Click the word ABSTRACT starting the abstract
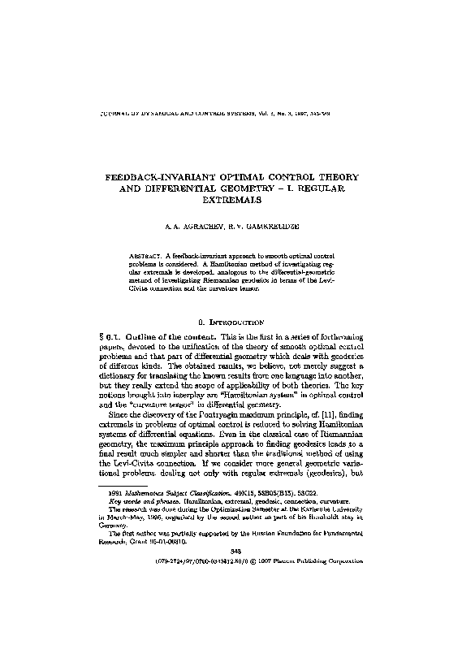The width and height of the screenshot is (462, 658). (148, 255)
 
